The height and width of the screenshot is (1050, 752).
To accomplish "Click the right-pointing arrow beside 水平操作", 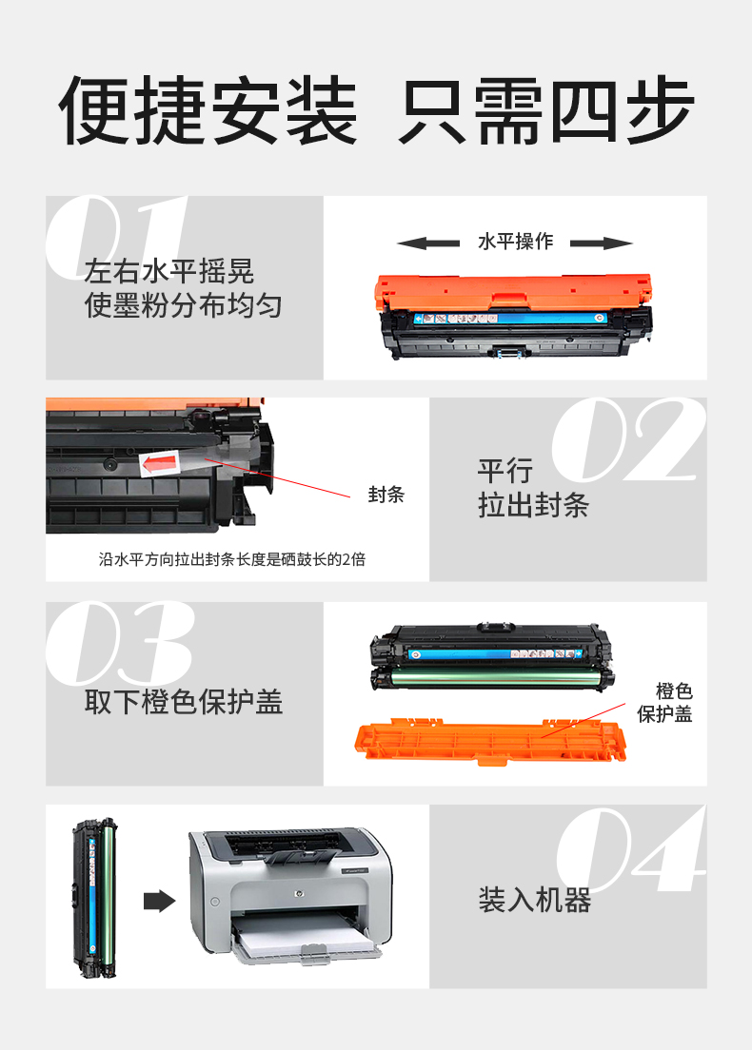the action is pyautogui.click(x=602, y=243).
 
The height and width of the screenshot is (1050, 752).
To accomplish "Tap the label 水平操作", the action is pyautogui.click(x=515, y=242).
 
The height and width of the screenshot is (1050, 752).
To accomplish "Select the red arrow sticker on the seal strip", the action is pyautogui.click(x=160, y=463).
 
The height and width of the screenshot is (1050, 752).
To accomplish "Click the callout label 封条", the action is pyautogui.click(x=386, y=495).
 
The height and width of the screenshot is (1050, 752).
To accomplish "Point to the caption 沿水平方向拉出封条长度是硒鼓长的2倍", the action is pyautogui.click(x=232, y=559).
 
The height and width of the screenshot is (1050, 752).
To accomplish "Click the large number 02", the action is pyautogui.click(x=628, y=439).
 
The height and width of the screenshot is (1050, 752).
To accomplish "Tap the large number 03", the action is pyautogui.click(x=120, y=643).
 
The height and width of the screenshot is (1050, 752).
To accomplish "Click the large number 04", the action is pyautogui.click(x=631, y=848).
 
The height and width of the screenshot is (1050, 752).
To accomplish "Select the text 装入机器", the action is pyautogui.click(x=535, y=900).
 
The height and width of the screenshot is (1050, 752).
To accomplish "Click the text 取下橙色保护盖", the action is pyautogui.click(x=184, y=702).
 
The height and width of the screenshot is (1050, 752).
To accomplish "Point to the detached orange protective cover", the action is pyautogui.click(x=490, y=741).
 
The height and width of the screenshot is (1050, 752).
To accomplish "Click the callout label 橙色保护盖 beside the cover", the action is pyautogui.click(x=664, y=703).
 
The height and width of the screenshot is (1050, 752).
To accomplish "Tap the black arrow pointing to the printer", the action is pyautogui.click(x=160, y=901).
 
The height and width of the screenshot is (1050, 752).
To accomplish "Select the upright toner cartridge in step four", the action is pyautogui.click(x=94, y=898).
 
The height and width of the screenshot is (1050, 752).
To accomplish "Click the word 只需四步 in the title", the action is pyautogui.click(x=547, y=110).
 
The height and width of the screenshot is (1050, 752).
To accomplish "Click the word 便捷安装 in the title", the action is pyautogui.click(x=208, y=110).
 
